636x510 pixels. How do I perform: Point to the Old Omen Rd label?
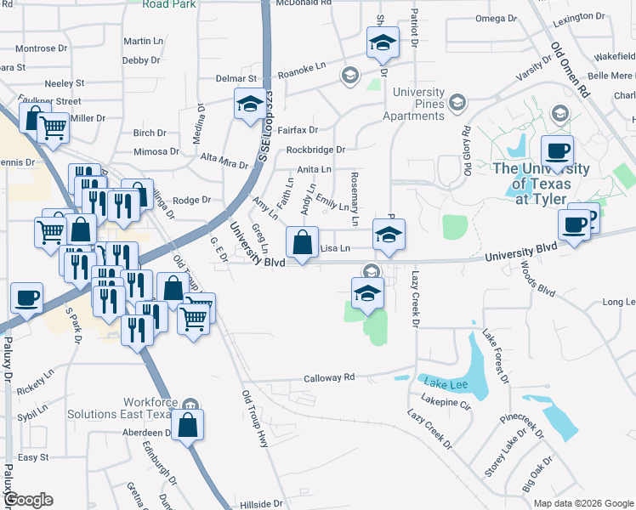pos(571,70)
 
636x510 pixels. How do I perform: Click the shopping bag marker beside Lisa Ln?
pos(302,243)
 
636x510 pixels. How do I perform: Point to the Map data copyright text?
pos(582,503)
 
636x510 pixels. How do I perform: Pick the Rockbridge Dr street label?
pos(315,150)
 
